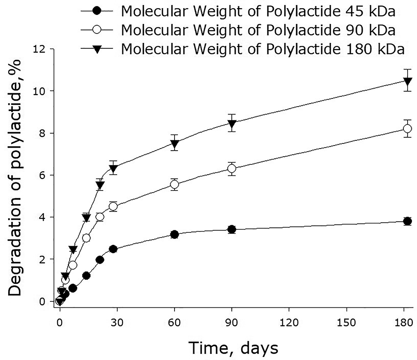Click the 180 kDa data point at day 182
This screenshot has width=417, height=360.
tap(408, 81)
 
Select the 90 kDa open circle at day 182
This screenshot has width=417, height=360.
tap(408, 128)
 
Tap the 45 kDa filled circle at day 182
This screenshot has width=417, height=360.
tap(408, 221)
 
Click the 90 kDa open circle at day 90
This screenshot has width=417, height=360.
tap(232, 169)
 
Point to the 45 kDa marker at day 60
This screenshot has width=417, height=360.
tap(174, 235)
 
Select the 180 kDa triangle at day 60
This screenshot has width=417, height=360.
tap(174, 145)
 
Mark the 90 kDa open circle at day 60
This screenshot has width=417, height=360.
tap(174, 184)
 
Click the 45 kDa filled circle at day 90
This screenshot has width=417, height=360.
tap(232, 229)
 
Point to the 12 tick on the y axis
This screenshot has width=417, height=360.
tap(40, 49)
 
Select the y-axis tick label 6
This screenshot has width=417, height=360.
tap(43, 175)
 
